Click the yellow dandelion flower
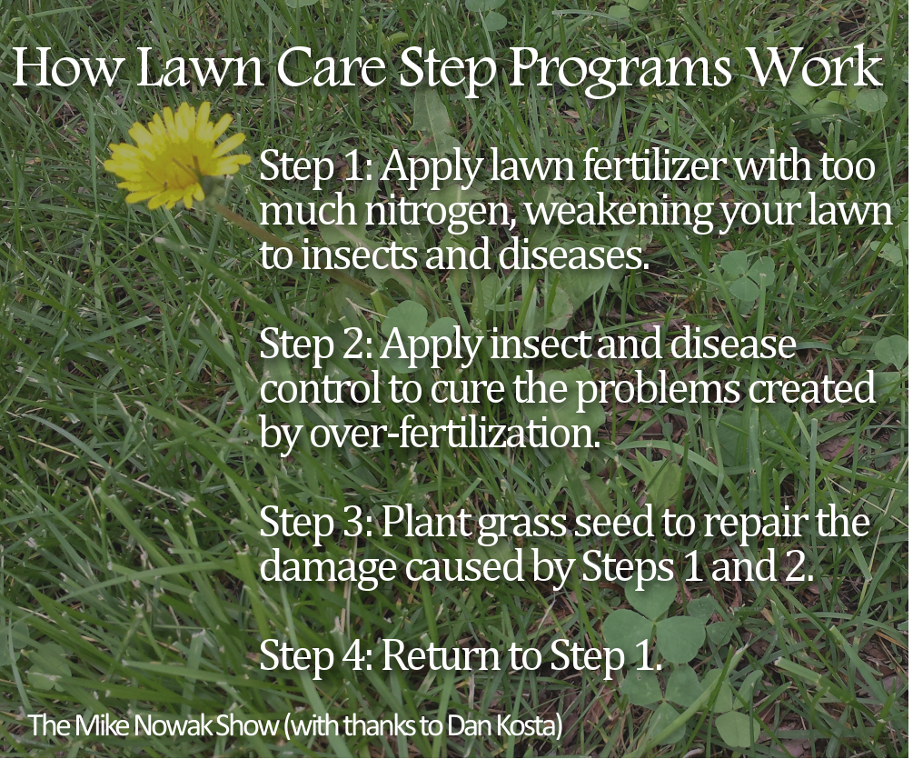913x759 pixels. click(x=176, y=155)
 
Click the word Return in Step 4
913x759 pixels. click(x=441, y=655)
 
